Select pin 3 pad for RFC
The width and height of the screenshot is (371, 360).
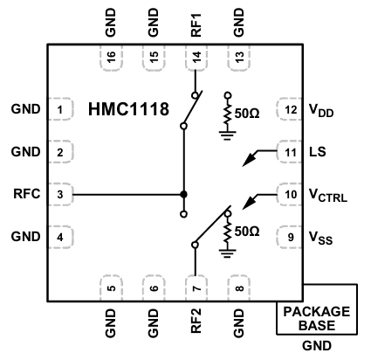pos(59,194)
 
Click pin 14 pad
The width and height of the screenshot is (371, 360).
pos(195,58)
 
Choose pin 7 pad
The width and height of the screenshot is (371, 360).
pos(195,287)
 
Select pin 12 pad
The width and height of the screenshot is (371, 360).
pos(289,110)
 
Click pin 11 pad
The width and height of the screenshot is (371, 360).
pos(289,152)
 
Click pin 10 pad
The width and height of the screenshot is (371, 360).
pos(289,194)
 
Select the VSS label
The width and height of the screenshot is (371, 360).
pos(320,237)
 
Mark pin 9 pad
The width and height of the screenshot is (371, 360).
pos(289,236)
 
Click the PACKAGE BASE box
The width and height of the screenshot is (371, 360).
pos(317,318)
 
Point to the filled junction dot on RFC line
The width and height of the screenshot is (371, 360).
pos(183,194)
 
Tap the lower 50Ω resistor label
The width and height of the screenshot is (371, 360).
pos(248,232)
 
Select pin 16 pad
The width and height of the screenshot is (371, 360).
pos(111,58)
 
